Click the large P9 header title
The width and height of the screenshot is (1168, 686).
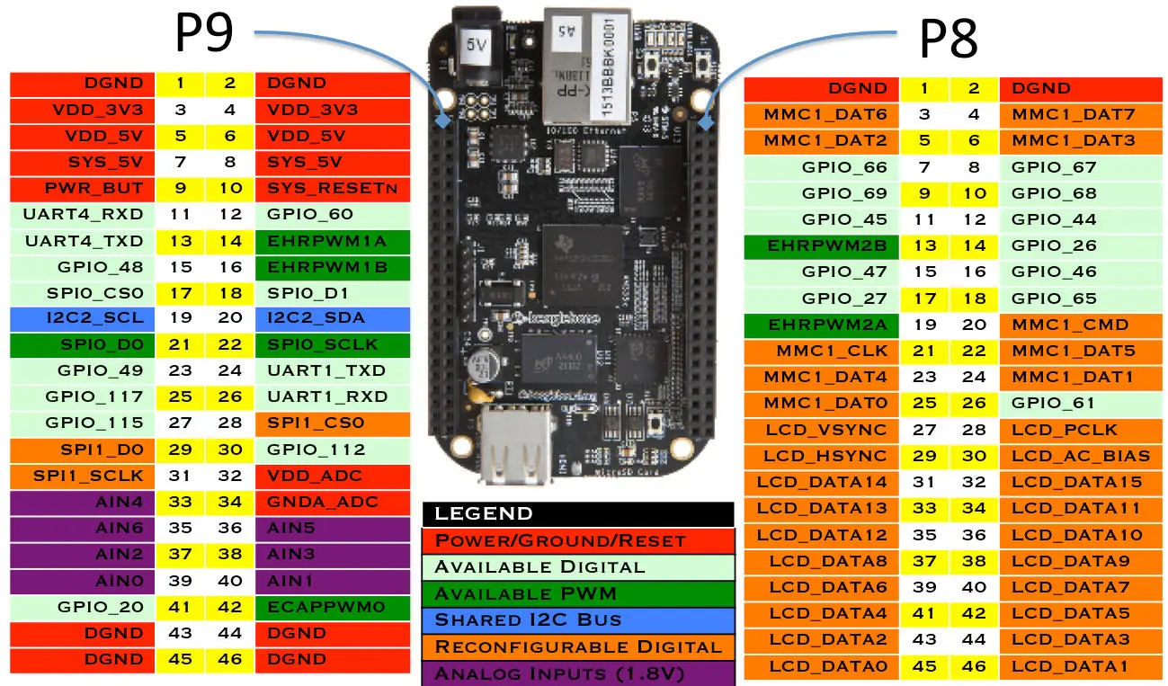tap(205, 34)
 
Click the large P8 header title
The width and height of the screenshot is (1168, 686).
tap(949, 40)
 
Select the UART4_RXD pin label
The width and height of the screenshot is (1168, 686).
tap(84, 214)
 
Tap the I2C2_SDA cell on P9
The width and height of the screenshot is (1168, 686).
tap(332, 318)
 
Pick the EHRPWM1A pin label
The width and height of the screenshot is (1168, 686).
tap(332, 240)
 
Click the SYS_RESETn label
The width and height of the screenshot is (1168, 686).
tap(332, 188)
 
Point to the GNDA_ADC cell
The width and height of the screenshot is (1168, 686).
tap(332, 502)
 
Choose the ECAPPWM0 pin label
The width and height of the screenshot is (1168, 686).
tap(332, 607)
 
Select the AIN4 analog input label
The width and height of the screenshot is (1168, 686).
tap(84, 502)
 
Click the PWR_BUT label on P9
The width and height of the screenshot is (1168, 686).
tap(84, 188)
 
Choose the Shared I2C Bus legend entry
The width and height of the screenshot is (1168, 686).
tap(578, 620)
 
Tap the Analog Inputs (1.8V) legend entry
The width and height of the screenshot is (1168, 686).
tap(578, 673)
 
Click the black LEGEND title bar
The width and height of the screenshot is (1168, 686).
tap(578, 514)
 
